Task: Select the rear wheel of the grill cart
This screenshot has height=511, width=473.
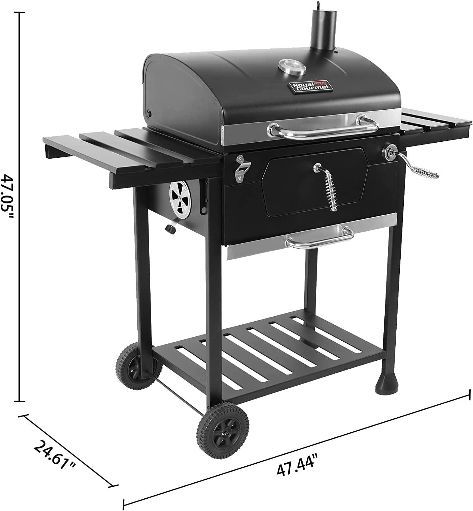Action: coord(139,366)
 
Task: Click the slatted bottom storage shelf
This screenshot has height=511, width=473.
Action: coord(269,351)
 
